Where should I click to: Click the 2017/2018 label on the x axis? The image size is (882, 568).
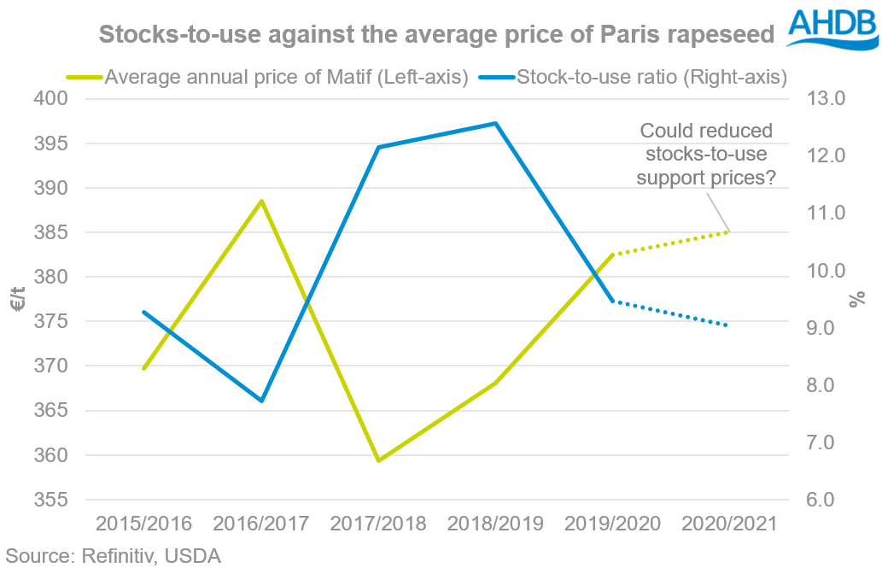378,524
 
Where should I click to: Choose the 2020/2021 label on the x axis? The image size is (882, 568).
728,524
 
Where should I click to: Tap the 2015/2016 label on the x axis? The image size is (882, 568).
144,524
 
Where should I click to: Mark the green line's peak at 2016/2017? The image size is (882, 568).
261,201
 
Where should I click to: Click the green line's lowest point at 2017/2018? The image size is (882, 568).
378,460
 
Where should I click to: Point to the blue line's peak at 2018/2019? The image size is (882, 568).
495,123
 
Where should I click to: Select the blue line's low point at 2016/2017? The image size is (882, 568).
261,401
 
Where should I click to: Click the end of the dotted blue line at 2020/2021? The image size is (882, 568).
727,325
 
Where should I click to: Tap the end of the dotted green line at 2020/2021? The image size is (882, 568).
727,231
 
